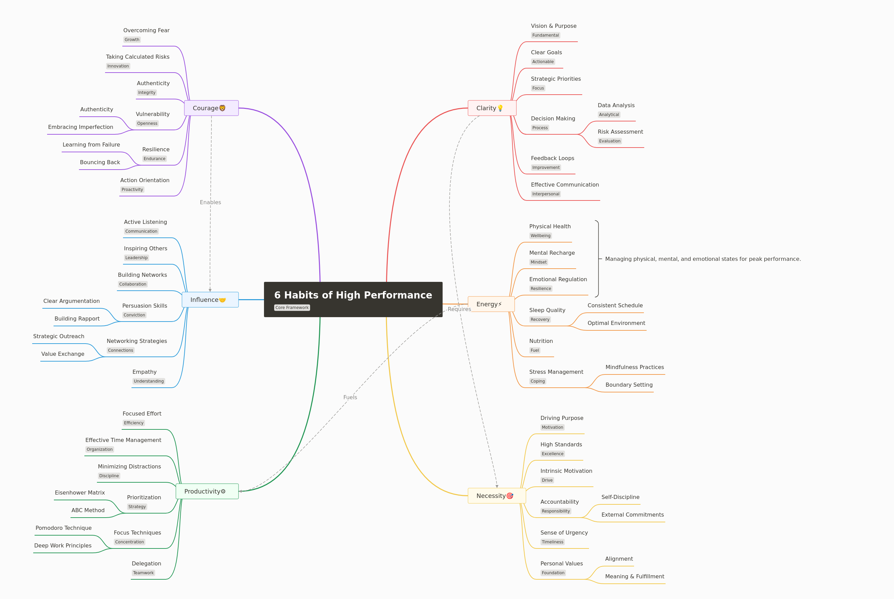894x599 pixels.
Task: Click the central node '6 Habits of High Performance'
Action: point(353,299)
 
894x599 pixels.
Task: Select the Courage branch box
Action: point(211,108)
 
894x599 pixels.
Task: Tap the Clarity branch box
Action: point(492,108)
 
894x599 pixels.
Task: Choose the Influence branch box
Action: point(210,300)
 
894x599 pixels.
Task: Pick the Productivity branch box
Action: point(207,491)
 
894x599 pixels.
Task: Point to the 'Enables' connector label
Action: point(210,202)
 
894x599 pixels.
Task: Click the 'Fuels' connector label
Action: point(350,397)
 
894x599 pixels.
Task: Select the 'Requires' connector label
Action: point(459,309)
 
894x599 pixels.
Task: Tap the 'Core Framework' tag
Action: point(292,308)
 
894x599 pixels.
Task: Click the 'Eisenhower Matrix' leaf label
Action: point(80,493)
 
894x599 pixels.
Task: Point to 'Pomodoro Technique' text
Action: point(64,528)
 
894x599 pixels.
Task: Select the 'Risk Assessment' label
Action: point(620,132)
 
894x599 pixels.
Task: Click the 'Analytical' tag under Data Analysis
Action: point(609,115)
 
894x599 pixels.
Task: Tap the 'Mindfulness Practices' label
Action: point(634,367)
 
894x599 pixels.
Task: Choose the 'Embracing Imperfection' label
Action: point(81,127)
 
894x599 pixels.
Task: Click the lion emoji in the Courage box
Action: point(223,108)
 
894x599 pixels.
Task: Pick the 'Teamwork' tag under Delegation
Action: point(143,573)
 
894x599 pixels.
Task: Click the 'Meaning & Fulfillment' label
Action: point(634,577)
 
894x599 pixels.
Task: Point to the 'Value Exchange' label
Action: point(63,354)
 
